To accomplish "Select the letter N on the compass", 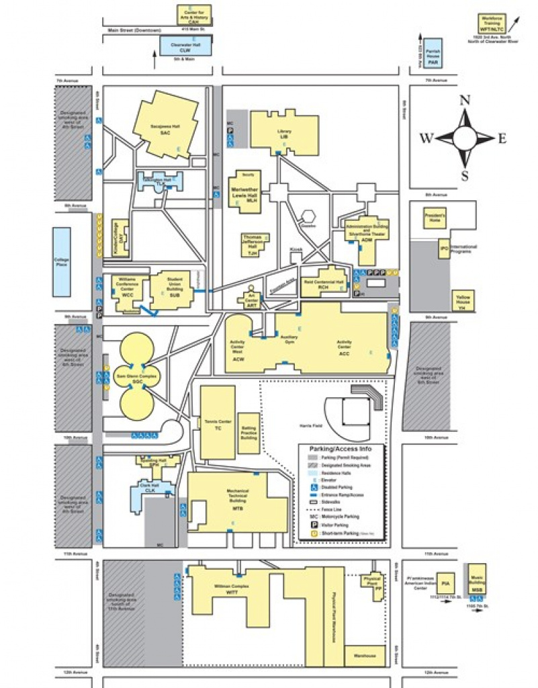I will (464, 101).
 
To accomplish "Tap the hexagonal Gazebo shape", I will (309, 217).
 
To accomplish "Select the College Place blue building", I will (62, 261).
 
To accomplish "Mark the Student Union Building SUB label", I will (174, 290).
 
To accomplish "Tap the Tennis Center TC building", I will (218, 424).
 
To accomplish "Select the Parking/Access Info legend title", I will (342, 448).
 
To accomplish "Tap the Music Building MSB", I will (477, 579).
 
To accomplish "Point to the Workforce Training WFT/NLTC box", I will (492, 23).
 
